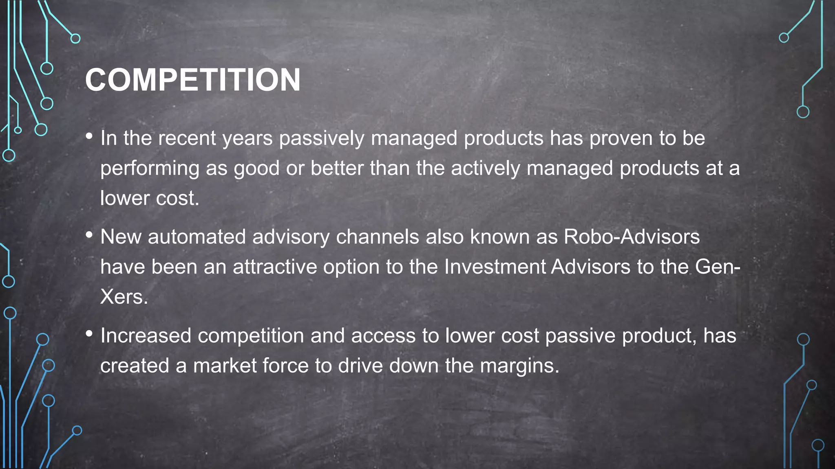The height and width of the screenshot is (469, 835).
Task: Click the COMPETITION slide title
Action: click(x=192, y=80)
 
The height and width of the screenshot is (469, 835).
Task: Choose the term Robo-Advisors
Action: click(x=632, y=237)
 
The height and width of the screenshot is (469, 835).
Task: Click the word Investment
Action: click(x=495, y=267)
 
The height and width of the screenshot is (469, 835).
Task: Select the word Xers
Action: click(x=124, y=297)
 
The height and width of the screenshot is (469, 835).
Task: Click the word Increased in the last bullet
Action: click(x=146, y=336)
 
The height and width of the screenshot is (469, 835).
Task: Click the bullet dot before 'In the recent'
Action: click(x=89, y=136)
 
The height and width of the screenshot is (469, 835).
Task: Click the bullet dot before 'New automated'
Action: click(x=89, y=235)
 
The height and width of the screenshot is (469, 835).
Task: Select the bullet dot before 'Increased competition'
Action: click(x=89, y=334)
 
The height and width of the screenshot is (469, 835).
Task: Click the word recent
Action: click(x=187, y=138)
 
